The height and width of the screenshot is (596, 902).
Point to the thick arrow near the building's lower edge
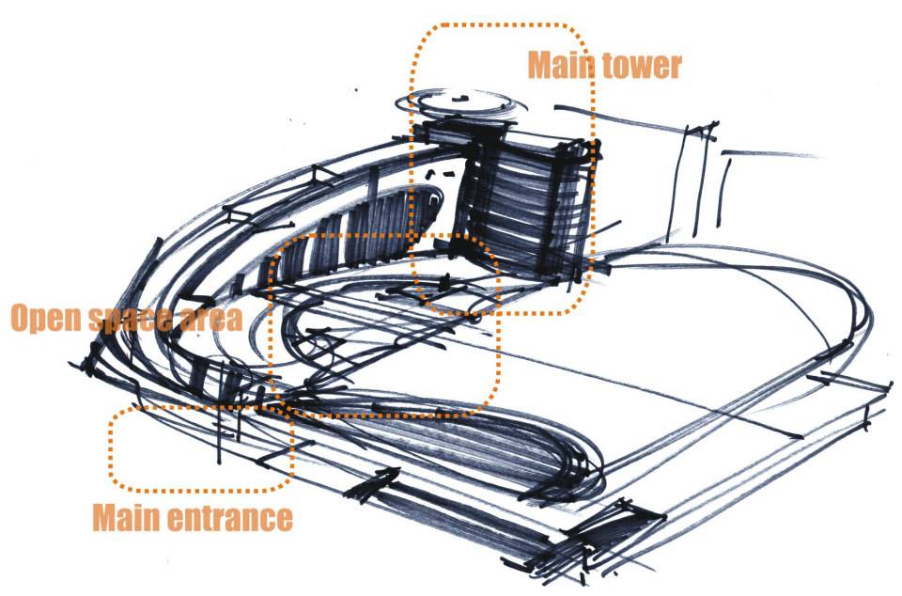tap(373, 482)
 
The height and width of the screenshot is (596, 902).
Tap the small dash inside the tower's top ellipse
tap(459, 99)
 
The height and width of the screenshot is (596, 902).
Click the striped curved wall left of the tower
tap(339, 242)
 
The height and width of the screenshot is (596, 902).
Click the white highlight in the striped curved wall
tap(434, 199)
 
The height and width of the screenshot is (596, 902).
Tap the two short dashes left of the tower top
tap(439, 173)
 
